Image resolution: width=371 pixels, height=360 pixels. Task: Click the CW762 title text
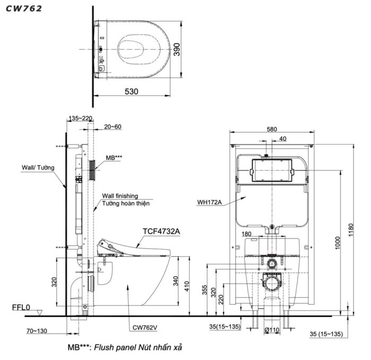coord(24,8)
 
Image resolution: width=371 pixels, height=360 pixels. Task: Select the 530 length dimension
coord(131,92)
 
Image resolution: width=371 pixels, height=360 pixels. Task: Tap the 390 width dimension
coord(176,49)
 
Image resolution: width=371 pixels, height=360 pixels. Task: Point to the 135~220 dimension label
coord(80,118)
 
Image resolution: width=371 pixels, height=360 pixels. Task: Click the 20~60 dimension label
coord(112,127)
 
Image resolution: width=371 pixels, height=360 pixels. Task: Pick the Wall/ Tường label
coord(38,168)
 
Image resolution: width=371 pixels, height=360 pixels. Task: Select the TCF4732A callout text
coord(161,231)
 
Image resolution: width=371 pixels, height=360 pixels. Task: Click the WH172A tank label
coord(209,202)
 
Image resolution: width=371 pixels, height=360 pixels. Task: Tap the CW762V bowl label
coord(145,327)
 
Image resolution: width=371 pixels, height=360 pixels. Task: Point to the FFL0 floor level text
coord(21,307)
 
